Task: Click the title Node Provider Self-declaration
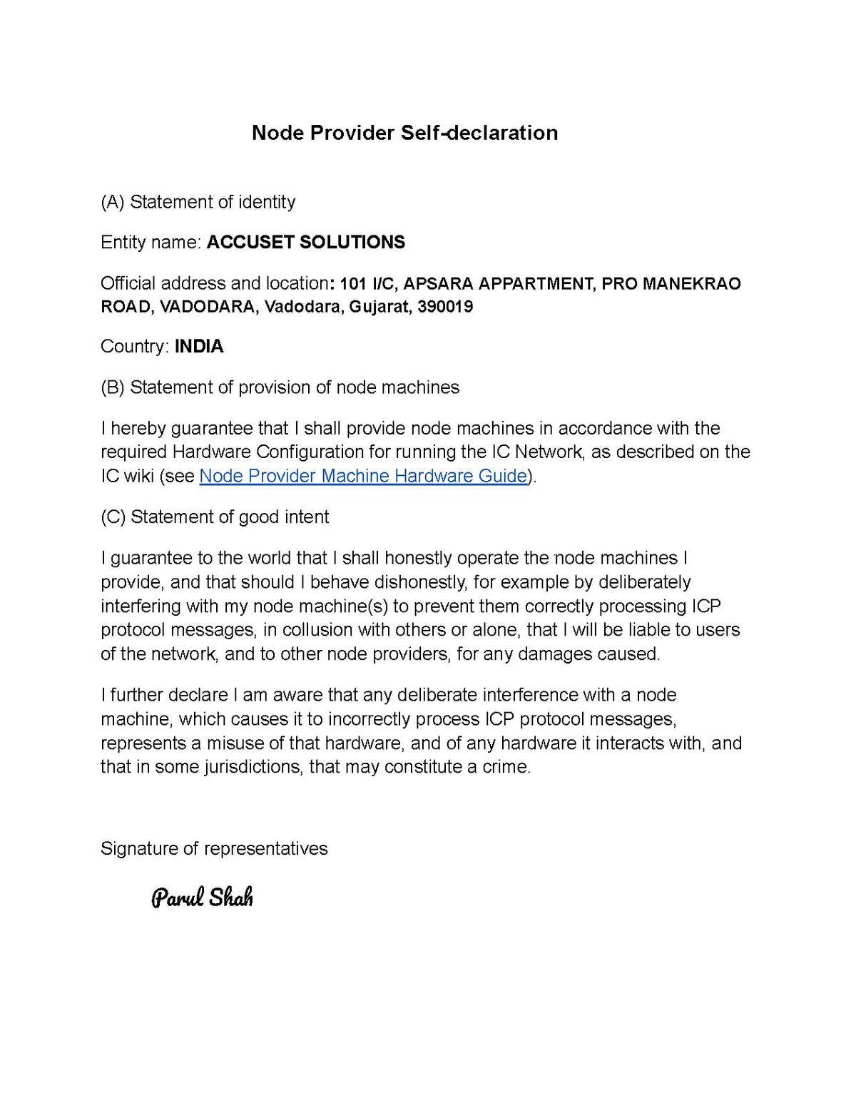click(x=404, y=133)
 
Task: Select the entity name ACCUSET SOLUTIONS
click(x=305, y=243)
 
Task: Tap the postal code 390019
click(x=445, y=308)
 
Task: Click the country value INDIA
click(x=199, y=347)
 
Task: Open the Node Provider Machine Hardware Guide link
click(x=363, y=476)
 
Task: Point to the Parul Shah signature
click(x=202, y=897)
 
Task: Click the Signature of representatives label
click(x=214, y=848)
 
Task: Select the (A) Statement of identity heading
click(x=198, y=202)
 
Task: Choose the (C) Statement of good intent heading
click(x=215, y=517)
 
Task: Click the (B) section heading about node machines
click(x=280, y=387)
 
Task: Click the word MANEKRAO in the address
click(x=691, y=284)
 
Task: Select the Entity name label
click(x=151, y=243)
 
